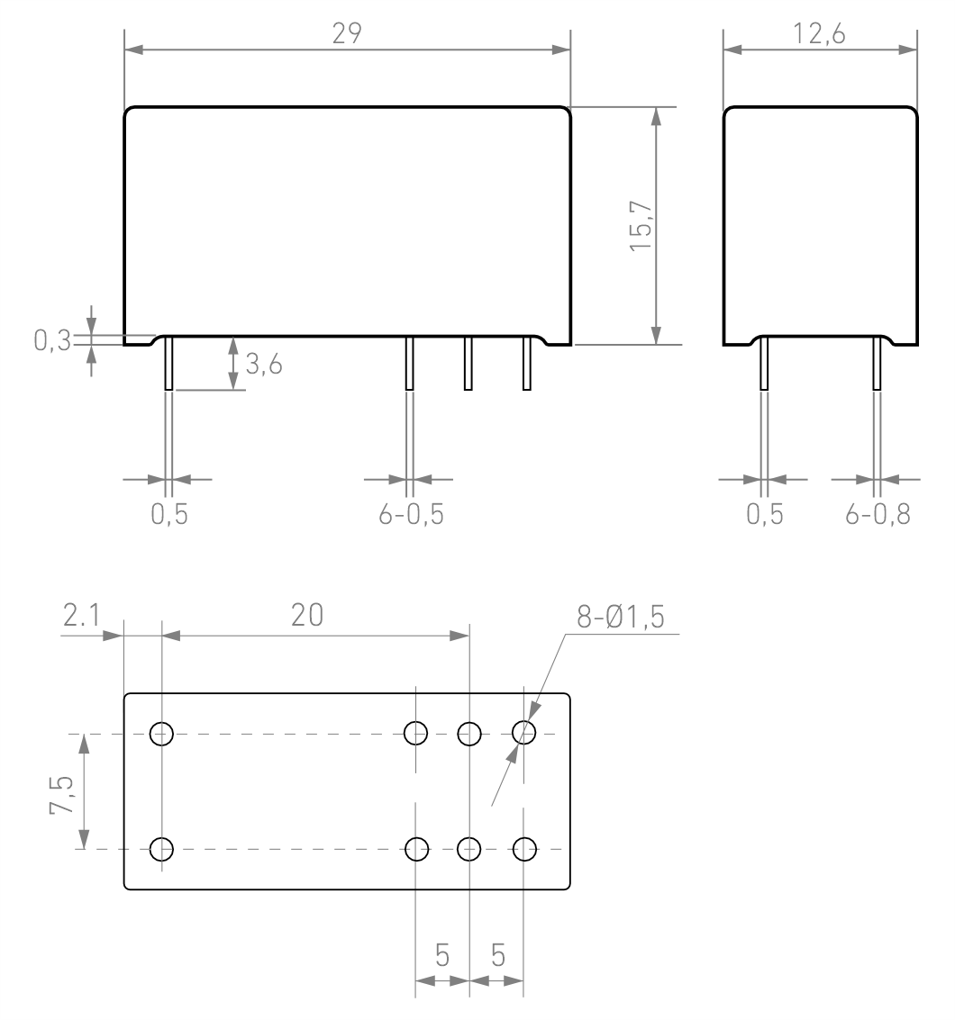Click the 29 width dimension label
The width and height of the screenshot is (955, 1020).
346,34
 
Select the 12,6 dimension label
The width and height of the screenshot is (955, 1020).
819,34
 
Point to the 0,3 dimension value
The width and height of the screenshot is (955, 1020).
52,340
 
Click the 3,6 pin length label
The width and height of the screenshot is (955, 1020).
264,365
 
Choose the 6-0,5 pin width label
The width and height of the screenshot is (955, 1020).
412,515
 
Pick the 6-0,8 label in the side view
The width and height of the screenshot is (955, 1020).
878,515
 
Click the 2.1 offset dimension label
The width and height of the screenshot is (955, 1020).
81,615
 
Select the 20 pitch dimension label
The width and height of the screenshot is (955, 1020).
307,615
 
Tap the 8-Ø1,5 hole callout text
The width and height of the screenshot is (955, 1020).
621,617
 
